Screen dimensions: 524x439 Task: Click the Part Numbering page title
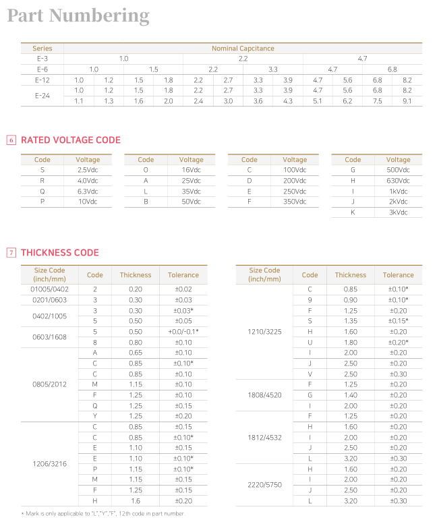pyautogui.click(x=78, y=16)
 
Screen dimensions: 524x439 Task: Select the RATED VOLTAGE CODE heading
pyautogui.click(x=71, y=140)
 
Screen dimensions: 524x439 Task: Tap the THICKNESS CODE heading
pyautogui.click(x=60, y=253)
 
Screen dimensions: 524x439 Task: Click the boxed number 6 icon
pyautogui.click(x=11, y=140)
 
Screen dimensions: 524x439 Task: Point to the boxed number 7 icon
pyautogui.click(x=11, y=253)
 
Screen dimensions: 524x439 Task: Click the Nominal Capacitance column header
pyautogui.click(x=243, y=49)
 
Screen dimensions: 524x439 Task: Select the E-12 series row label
pyautogui.click(x=42, y=80)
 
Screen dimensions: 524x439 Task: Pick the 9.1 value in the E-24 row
pyautogui.click(x=407, y=100)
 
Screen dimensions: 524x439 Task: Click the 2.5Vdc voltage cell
pyautogui.click(x=88, y=170)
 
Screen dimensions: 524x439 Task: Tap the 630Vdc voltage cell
pyautogui.click(x=399, y=180)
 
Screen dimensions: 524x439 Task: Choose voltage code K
pyautogui.click(x=353, y=212)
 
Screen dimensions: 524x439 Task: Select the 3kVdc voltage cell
pyautogui.click(x=399, y=212)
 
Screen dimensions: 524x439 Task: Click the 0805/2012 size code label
pyautogui.click(x=50, y=384)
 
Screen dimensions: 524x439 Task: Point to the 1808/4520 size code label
pyautogui.click(x=265, y=395)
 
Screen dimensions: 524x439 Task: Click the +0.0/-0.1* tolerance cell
pyautogui.click(x=183, y=331)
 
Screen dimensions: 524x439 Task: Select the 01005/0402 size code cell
pyautogui.click(x=50, y=289)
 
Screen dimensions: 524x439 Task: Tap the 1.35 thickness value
pyautogui.click(x=351, y=320)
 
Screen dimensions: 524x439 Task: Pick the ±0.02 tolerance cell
pyautogui.click(x=183, y=289)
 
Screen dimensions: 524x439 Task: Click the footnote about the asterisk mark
pyautogui.click(x=103, y=514)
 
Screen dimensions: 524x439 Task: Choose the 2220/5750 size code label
pyautogui.click(x=265, y=484)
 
